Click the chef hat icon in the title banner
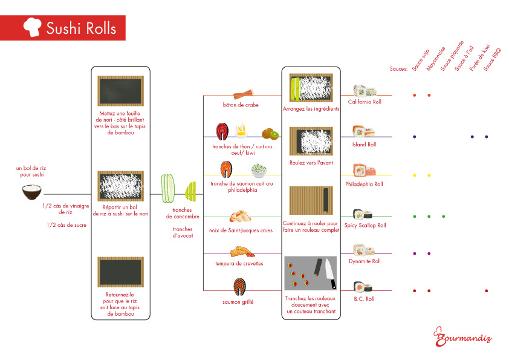31,27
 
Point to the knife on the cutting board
329,273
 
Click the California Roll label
365,102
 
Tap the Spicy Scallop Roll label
365,225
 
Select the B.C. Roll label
365,299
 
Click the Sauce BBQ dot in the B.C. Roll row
487,291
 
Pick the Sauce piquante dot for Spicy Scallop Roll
443,216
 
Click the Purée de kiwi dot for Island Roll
472,137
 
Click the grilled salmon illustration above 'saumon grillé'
239,286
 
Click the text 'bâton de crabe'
240,105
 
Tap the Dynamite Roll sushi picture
365,250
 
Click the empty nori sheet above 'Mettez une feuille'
120,91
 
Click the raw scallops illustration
239,217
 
